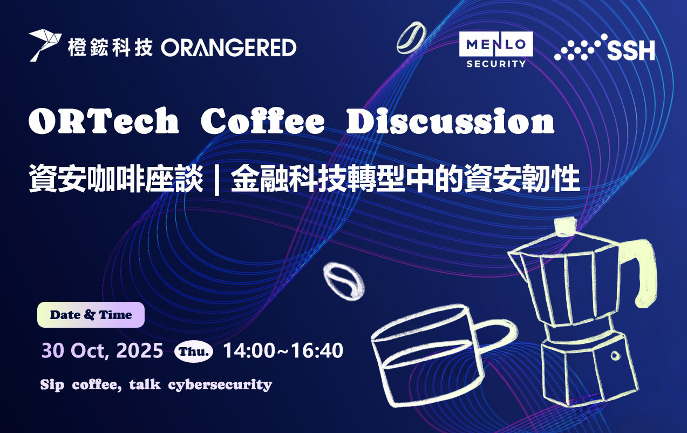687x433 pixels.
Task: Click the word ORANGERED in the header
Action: tap(229, 48)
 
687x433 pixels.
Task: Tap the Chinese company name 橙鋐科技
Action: tap(110, 48)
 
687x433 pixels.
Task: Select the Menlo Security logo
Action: tap(496, 50)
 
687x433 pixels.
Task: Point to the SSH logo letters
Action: tap(631, 51)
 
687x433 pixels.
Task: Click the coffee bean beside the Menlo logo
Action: tap(411, 38)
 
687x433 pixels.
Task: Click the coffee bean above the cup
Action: tap(344, 281)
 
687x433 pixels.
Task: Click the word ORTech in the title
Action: tap(104, 121)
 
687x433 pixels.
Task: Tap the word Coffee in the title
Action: tap(262, 121)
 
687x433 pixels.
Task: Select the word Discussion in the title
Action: tap(450, 121)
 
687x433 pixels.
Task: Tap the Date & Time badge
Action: tap(91, 315)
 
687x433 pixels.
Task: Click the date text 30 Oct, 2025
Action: tap(102, 350)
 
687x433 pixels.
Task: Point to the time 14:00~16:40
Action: tap(283, 350)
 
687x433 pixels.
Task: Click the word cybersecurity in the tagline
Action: tap(220, 385)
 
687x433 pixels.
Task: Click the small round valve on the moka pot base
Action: tap(615, 355)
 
